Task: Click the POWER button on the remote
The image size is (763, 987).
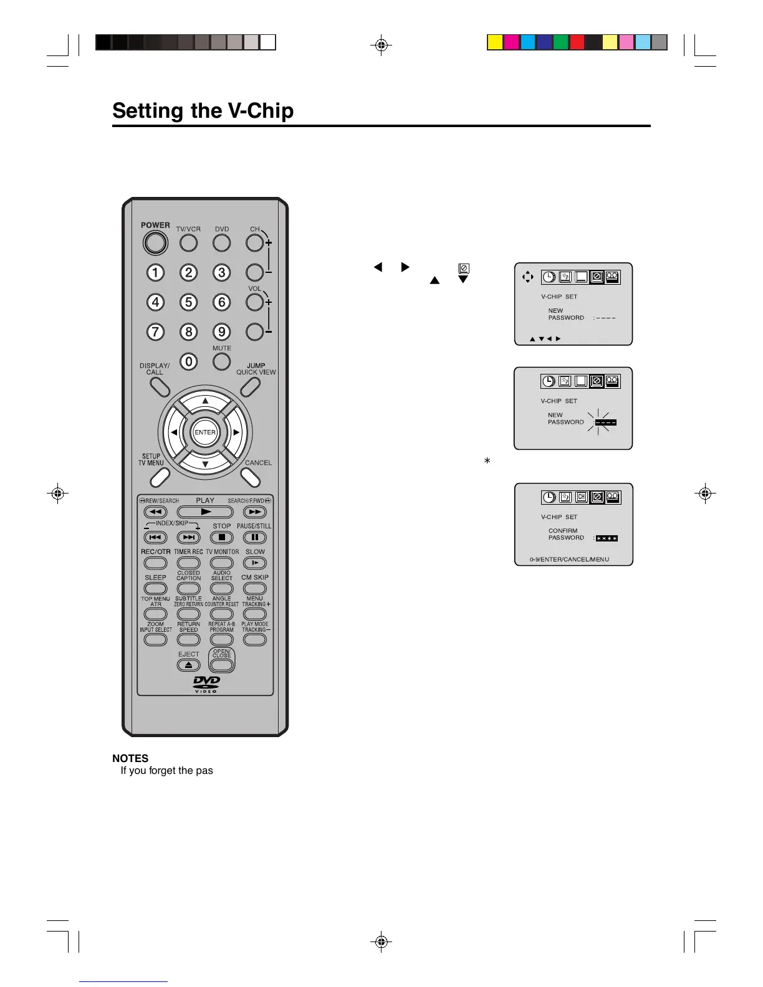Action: (x=155, y=243)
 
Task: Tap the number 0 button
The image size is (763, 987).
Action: (x=188, y=361)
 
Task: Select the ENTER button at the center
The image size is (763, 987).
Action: (x=205, y=432)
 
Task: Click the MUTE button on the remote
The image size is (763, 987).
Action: (x=221, y=361)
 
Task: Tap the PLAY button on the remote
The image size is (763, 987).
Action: (x=205, y=512)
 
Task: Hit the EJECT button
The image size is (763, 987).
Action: (x=188, y=665)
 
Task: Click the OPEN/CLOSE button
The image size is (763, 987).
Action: (x=221, y=664)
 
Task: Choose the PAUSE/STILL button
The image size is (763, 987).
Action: (x=254, y=537)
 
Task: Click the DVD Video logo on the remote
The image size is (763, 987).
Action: (x=206, y=684)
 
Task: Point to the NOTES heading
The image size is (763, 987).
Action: (x=130, y=758)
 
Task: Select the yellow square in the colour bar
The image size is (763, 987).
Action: (x=495, y=42)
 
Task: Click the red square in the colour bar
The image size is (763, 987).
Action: (x=577, y=42)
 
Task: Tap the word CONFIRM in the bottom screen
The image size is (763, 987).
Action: (x=563, y=531)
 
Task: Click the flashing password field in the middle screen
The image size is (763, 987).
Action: (x=605, y=422)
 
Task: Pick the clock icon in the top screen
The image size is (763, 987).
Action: (x=549, y=277)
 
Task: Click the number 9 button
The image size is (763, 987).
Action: (x=221, y=331)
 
